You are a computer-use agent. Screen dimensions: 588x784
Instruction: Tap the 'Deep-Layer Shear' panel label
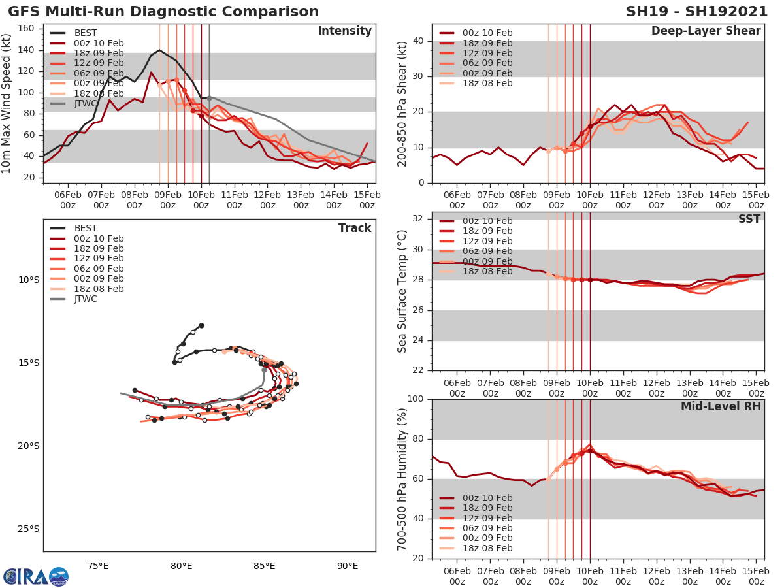pos(706,31)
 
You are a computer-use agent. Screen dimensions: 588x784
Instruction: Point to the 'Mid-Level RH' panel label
pos(721,406)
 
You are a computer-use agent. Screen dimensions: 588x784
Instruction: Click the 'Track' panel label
pos(355,228)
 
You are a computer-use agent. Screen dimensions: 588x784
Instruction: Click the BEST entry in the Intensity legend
pos(86,33)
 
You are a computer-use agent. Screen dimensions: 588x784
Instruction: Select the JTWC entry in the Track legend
pos(86,299)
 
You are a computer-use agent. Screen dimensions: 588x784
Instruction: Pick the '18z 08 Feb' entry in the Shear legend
pos(487,84)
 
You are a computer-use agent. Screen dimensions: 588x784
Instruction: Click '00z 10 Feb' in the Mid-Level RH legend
pos(487,498)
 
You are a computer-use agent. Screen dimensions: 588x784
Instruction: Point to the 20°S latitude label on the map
pos(28,446)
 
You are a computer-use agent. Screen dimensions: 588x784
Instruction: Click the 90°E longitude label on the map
pos(347,566)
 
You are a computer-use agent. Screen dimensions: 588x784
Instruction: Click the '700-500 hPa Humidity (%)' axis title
pos(402,478)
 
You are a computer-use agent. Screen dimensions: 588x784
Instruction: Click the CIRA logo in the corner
pos(35,576)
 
